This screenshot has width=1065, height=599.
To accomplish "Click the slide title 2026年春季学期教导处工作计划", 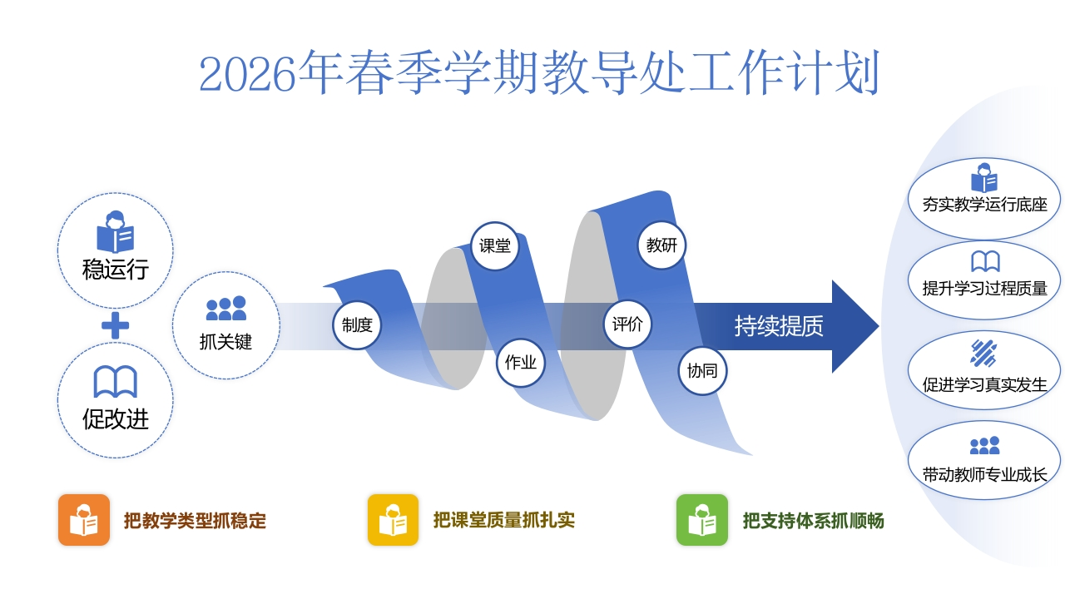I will (x=539, y=74).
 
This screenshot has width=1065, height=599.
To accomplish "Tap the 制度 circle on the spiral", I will (x=357, y=325).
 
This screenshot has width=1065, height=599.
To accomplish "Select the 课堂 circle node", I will (x=495, y=246).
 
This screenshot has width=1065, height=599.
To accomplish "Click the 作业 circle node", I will (x=521, y=363).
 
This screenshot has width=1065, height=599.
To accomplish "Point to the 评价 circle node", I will (x=627, y=324).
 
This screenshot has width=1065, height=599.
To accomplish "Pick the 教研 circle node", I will (x=661, y=245).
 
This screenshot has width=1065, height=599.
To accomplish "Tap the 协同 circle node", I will (x=702, y=371).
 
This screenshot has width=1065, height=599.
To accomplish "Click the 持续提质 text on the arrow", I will (x=779, y=326).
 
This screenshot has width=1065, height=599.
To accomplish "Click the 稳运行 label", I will (x=115, y=270).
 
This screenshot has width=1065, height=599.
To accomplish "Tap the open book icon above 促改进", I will (x=115, y=382).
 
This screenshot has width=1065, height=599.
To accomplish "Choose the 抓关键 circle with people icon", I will (x=225, y=325).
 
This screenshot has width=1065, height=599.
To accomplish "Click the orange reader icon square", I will (x=84, y=520).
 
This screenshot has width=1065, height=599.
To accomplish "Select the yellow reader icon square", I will (x=394, y=520).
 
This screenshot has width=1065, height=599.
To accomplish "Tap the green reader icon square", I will (x=702, y=520).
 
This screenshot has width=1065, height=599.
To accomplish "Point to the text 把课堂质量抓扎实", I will (x=503, y=520).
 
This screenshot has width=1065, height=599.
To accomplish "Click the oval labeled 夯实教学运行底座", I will (x=984, y=196).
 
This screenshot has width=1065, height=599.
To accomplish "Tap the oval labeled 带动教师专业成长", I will (x=984, y=460).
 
